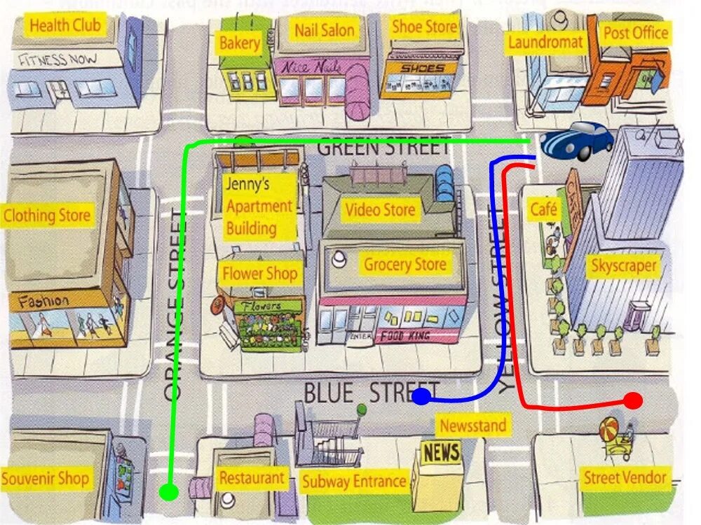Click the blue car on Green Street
coord(577,140)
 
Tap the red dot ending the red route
coord(632,401)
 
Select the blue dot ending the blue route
coord(421,398)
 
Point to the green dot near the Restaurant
coord(168,492)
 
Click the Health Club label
coord(65,26)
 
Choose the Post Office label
coord(636,33)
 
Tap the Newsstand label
coord(472,425)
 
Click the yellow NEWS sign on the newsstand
coord(441,451)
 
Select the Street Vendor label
coord(625,478)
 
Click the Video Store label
coord(380,209)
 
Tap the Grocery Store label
coord(404,265)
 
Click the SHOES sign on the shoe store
coord(423,69)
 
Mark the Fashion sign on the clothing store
coord(43,302)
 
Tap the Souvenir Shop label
coord(46,479)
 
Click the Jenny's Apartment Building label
coord(259,206)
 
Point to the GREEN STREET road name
coord(383,148)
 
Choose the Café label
coord(544,209)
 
